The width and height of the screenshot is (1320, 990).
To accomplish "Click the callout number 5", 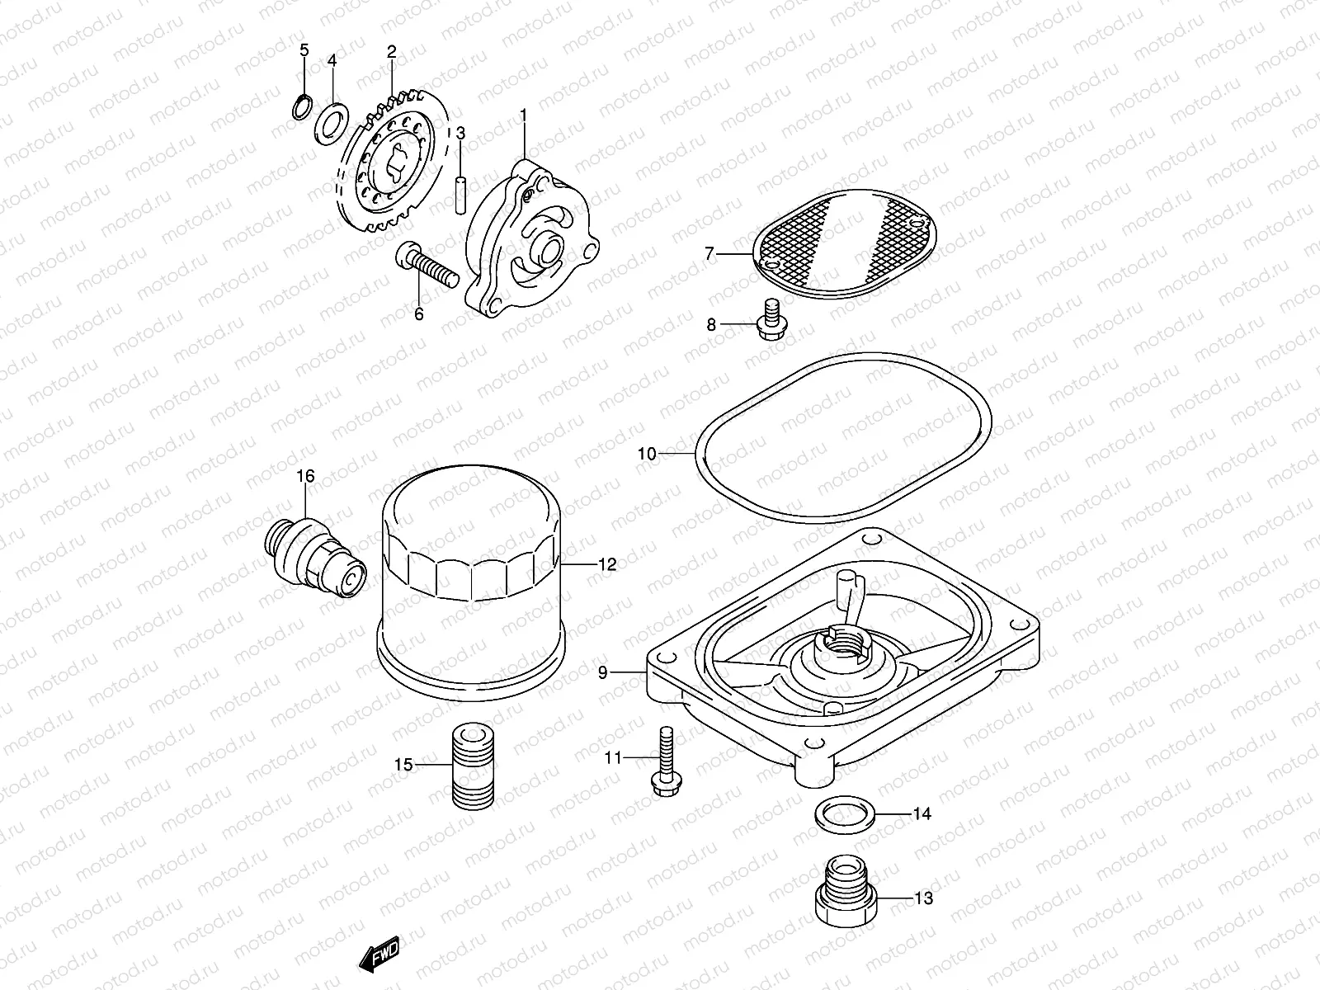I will (x=304, y=50).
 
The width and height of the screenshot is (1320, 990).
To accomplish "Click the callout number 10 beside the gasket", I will (x=646, y=454).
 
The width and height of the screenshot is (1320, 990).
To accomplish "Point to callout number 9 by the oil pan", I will (x=602, y=673).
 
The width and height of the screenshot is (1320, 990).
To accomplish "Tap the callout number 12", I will (x=606, y=565).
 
